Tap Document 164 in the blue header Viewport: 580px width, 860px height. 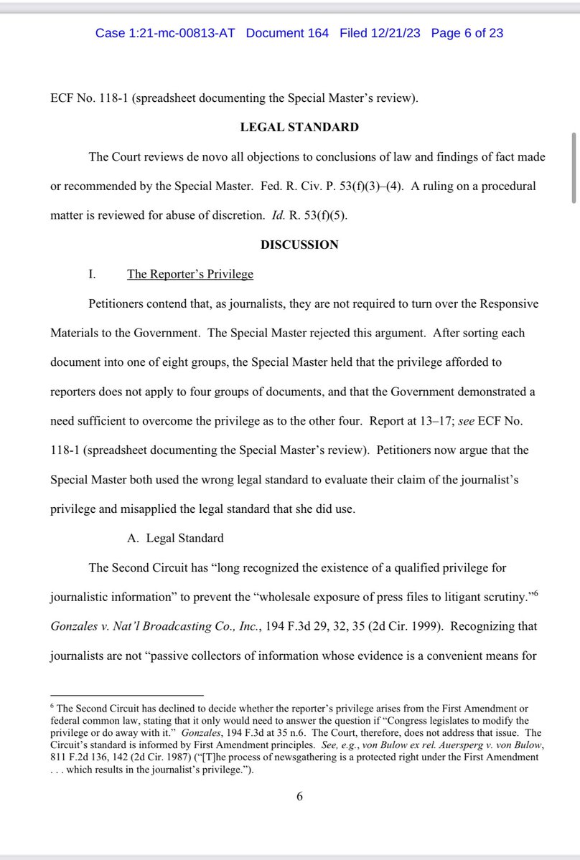click(287, 33)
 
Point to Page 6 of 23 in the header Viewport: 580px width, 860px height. click(467, 33)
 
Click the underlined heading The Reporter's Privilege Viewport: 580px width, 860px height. click(190, 274)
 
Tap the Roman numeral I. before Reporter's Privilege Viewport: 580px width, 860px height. click(91, 274)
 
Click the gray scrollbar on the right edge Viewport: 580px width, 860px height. click(574, 169)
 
